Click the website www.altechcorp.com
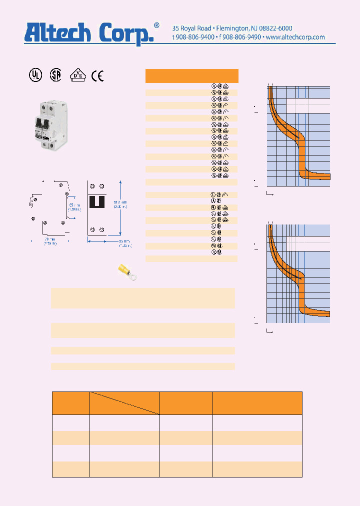pos(295,37)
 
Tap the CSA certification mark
pos(55,75)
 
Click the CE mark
pos(97,75)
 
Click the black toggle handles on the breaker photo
pos(42,123)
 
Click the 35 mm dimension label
pos(74,205)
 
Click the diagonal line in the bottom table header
pos(124,403)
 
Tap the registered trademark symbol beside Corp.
pos(156,25)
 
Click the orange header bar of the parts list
pos(191,75)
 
